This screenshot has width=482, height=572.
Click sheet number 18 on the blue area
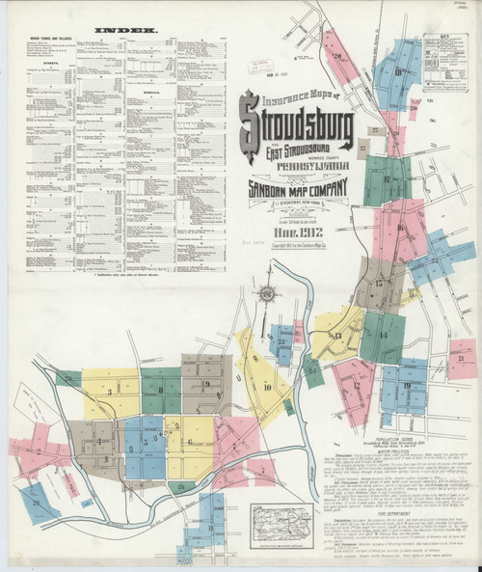397,73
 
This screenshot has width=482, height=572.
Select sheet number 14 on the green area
383,335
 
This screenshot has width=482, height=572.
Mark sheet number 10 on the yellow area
266,386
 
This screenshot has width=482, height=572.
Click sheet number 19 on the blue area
408,385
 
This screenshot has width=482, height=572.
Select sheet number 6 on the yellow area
190,442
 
